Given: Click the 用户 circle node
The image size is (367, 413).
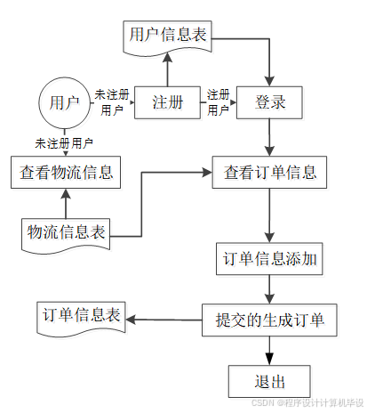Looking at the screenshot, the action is [65, 103].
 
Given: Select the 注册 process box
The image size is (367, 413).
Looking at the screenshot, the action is [167, 102].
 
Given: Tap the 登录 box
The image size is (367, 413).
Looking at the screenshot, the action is [269, 102].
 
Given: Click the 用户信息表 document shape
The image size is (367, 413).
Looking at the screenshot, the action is [167, 37].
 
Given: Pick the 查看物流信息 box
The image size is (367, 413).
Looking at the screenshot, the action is [66, 172].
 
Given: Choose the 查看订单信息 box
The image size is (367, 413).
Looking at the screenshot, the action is [269, 172].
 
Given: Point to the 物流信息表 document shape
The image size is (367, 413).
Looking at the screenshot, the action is [66, 235].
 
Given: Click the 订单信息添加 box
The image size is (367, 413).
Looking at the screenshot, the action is [269, 259].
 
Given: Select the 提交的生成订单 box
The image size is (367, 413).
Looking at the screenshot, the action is [269, 320].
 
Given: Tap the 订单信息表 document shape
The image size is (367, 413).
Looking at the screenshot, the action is [81, 319].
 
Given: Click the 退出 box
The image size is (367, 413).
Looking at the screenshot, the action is [269, 381].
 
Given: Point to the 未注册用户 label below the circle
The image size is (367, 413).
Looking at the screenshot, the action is [64, 143].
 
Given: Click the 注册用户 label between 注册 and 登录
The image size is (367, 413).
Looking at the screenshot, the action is [219, 102].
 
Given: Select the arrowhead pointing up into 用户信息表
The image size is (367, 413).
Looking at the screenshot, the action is [167, 58].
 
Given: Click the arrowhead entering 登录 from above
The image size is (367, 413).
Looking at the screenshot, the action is [269, 81].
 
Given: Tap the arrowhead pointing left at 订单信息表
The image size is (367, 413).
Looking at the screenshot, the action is [131, 320].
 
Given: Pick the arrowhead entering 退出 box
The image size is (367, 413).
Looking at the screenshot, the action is [269, 360].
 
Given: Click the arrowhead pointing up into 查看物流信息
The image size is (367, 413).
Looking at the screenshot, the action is [66, 193].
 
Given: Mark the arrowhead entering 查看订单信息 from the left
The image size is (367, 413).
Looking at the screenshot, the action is [207, 172].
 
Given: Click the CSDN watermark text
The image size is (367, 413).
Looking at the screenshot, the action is [307, 402].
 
